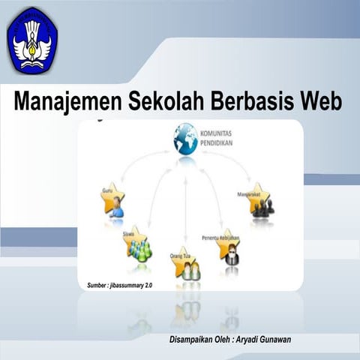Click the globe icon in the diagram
coord(184,140)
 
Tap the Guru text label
coord(107,190)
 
